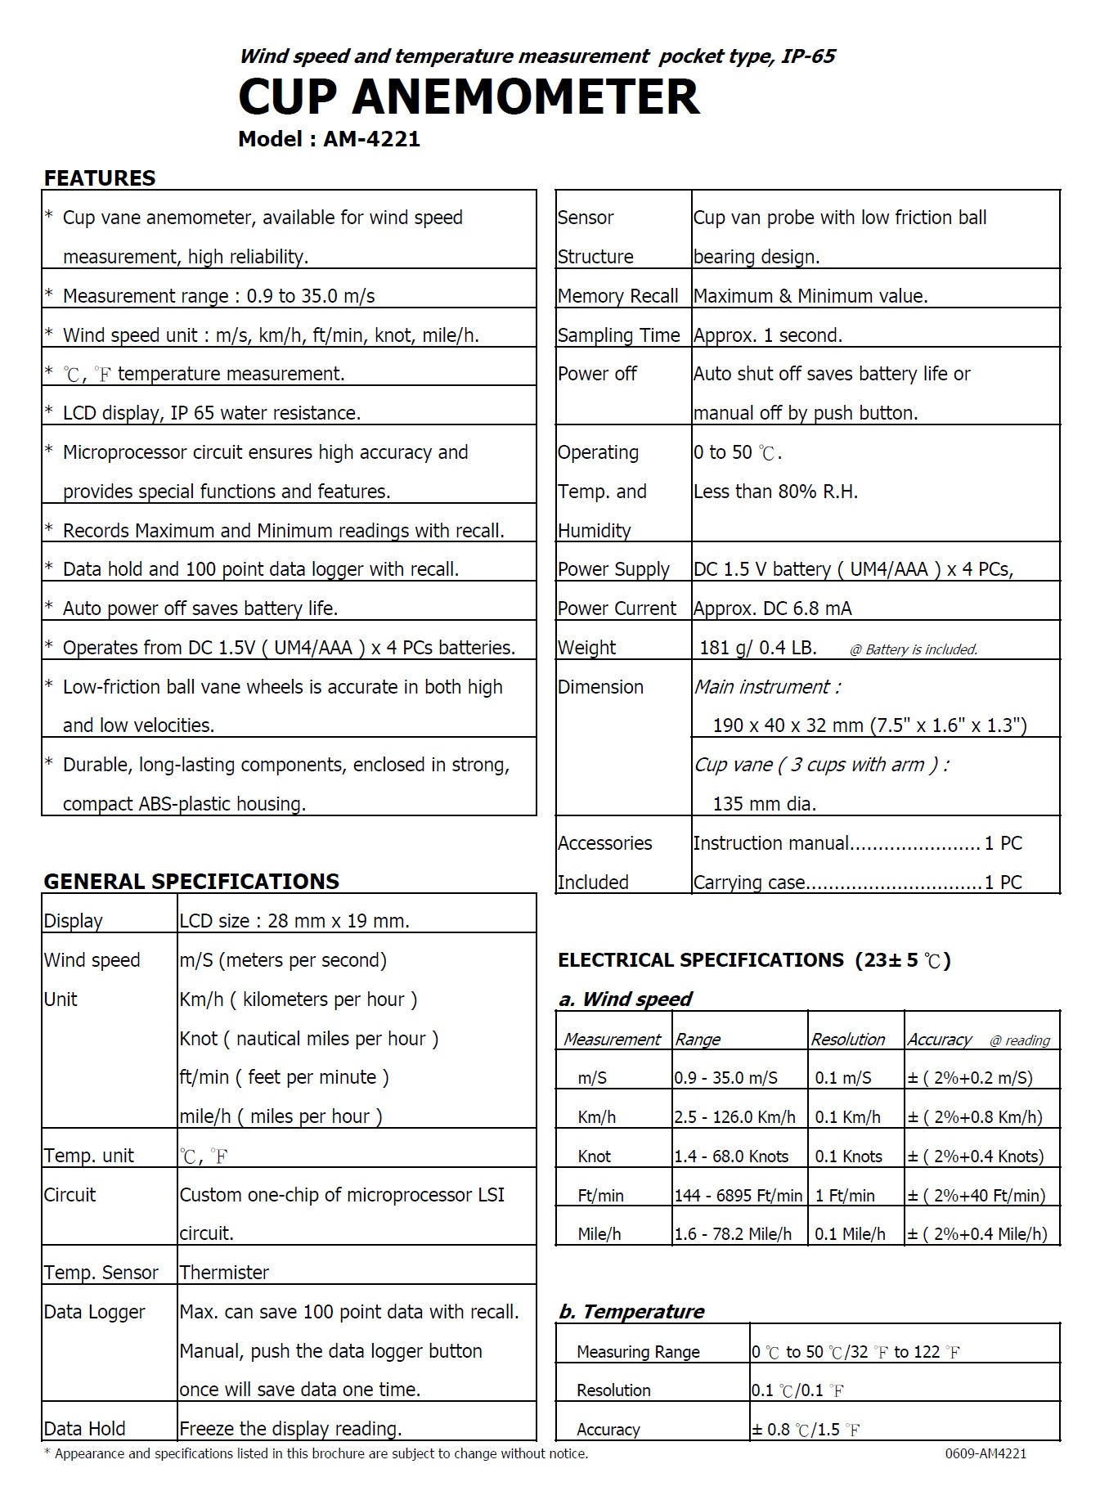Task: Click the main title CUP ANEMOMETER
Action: (x=469, y=97)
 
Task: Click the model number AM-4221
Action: (x=371, y=139)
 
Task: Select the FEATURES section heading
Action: (x=99, y=178)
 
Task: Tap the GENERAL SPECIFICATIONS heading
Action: (x=191, y=881)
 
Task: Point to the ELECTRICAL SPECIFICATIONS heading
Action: (x=700, y=960)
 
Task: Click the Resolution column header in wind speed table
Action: (x=847, y=1040)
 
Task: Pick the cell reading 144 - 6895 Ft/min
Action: (x=738, y=1196)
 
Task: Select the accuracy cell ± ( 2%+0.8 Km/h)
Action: (x=975, y=1117)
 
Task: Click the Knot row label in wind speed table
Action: (x=594, y=1156)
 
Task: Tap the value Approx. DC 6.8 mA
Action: (x=772, y=609)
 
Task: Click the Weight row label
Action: (x=586, y=648)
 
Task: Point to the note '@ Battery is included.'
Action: (x=914, y=650)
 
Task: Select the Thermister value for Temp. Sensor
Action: (x=224, y=1273)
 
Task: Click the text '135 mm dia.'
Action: (x=764, y=804)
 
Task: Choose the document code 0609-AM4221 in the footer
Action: (x=986, y=1453)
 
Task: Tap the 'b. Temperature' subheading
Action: (x=631, y=1312)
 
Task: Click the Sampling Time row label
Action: (x=618, y=335)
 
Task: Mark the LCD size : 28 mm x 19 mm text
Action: (x=294, y=921)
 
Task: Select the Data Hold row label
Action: (x=84, y=1429)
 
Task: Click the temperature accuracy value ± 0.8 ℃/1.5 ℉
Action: (x=806, y=1430)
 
